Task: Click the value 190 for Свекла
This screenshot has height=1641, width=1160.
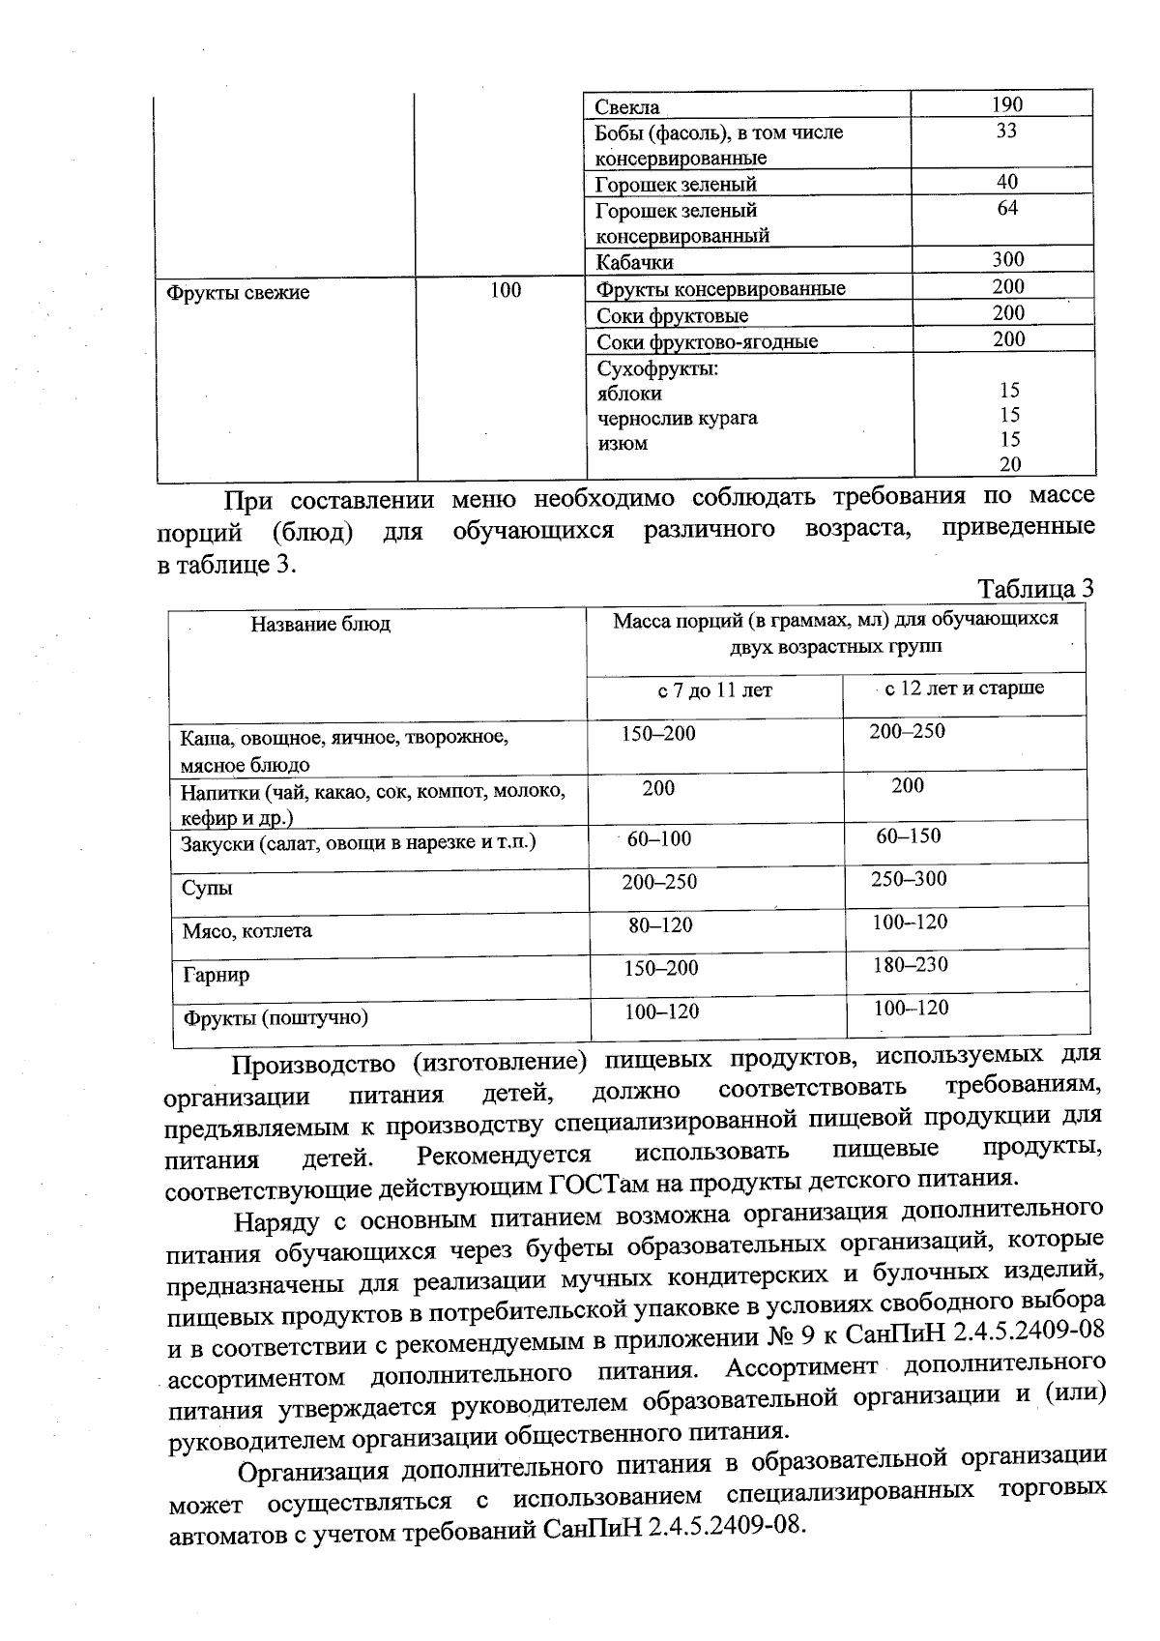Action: [1006, 104]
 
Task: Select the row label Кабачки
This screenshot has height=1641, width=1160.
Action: [634, 262]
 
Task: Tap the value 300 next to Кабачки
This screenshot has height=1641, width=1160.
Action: [1007, 259]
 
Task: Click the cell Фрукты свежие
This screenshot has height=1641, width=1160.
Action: [238, 292]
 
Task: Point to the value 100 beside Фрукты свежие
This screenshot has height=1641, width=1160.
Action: [505, 290]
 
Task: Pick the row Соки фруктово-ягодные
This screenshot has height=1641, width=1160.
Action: [707, 341]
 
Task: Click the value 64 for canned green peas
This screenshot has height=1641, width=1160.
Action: [1007, 208]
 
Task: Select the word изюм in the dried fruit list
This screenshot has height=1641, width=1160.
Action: [623, 444]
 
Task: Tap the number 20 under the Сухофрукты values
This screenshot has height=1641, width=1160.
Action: [1009, 464]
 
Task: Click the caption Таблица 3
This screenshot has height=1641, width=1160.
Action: [1035, 588]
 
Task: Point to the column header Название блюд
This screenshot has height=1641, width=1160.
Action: [321, 624]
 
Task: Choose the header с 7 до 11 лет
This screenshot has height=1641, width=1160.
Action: [714, 690]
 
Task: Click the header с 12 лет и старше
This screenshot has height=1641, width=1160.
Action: [965, 688]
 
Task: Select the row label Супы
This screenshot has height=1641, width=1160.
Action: [208, 888]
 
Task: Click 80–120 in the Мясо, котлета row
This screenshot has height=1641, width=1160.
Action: [660, 925]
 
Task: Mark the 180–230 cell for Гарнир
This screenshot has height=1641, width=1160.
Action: [911, 964]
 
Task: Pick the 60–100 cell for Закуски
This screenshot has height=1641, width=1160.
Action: [659, 838]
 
